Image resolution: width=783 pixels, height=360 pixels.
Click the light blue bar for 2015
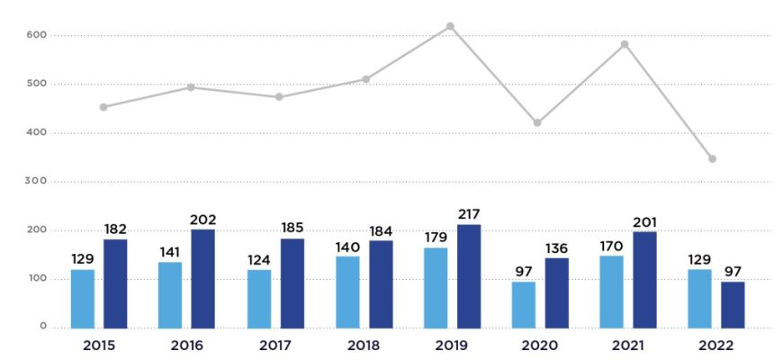point(83,299)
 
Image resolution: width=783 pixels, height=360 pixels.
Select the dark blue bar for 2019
point(469,276)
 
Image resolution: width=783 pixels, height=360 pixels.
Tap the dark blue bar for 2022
point(733,305)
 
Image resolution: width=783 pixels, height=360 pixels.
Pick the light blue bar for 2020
point(524,305)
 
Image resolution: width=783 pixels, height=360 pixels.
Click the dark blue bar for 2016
point(202,279)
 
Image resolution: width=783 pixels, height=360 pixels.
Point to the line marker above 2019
point(450,26)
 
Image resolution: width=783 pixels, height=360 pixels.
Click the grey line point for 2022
point(712,158)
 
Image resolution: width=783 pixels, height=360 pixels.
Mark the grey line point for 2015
point(103,107)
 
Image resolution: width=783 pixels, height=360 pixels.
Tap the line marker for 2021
point(625,44)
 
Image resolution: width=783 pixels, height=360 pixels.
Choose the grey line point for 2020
point(537,122)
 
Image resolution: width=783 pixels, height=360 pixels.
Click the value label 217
point(468,213)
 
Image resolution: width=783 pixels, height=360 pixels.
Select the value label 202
point(203,220)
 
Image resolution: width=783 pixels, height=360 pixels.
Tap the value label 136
point(556,248)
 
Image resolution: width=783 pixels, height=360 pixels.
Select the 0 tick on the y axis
point(42,327)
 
